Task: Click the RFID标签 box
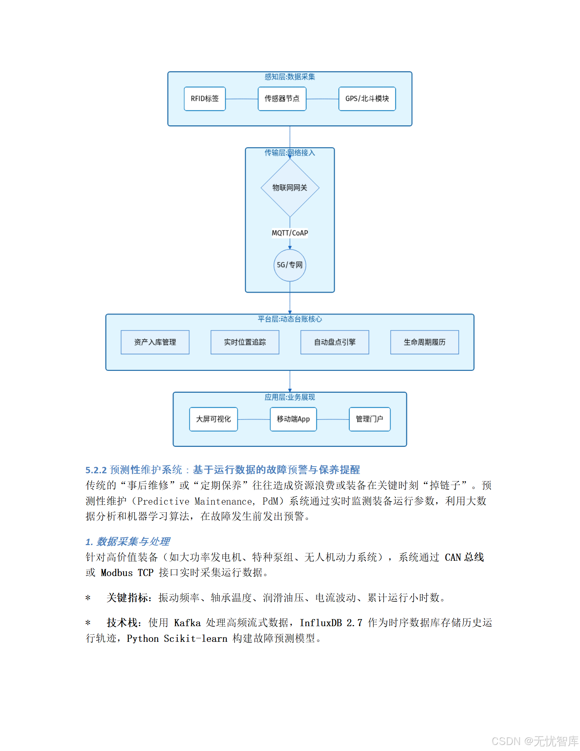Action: pyautogui.click(x=205, y=99)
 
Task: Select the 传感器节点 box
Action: pyautogui.click(x=282, y=99)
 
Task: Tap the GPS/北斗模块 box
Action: pyautogui.click(x=367, y=99)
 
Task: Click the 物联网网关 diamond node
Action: pyautogui.click(x=290, y=188)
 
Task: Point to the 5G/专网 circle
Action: pyautogui.click(x=290, y=265)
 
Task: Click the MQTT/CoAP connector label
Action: pyautogui.click(x=290, y=233)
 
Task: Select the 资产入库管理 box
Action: pyautogui.click(x=155, y=342)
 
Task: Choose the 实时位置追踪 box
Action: pyautogui.click(x=245, y=342)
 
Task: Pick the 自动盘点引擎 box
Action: pyautogui.click(x=334, y=342)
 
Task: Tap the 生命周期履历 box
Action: pyautogui.click(x=424, y=342)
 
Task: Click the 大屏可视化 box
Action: pyautogui.click(x=213, y=419)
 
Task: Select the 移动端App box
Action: pyautogui.click(x=293, y=419)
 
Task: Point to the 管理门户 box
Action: pyautogui.click(x=370, y=419)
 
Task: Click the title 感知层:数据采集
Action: pyautogui.click(x=290, y=77)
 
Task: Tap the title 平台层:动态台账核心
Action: pyautogui.click(x=290, y=319)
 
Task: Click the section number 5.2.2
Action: pyautogui.click(x=96, y=470)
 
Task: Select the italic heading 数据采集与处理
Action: pyautogui.click(x=133, y=542)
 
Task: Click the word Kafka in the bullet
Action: pyautogui.click(x=187, y=623)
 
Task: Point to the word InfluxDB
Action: pyautogui.click(x=321, y=623)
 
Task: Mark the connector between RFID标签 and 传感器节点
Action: pyautogui.click(x=242, y=99)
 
